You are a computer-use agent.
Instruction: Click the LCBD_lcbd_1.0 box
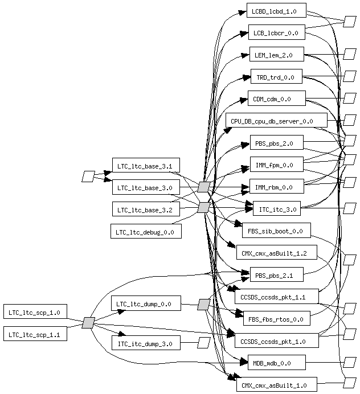point(276,11)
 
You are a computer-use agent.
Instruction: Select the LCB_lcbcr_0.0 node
point(276,32)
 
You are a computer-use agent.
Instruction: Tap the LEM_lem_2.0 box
point(276,55)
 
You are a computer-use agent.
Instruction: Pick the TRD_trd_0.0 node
point(276,77)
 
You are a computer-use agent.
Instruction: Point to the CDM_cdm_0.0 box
point(276,98)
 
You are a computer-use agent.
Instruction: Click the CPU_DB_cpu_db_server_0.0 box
point(276,121)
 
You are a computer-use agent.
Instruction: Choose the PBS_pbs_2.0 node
point(276,142)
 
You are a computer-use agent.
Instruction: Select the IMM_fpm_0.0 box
point(276,165)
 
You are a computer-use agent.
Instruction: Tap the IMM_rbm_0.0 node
point(276,186)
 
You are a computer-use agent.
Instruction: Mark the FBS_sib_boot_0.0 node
point(276,231)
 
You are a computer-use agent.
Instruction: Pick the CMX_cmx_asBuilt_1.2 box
point(276,252)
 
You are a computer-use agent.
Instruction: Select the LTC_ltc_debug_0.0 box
point(146,231)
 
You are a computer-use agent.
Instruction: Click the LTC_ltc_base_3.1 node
point(146,166)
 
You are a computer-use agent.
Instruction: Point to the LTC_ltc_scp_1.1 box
point(35,334)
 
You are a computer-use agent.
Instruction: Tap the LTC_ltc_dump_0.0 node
point(146,303)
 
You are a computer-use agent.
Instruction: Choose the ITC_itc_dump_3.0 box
point(146,343)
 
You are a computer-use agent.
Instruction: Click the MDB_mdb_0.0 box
point(276,362)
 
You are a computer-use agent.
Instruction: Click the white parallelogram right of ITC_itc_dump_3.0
point(204,343)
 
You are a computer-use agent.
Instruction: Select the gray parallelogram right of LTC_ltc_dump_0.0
point(203,305)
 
